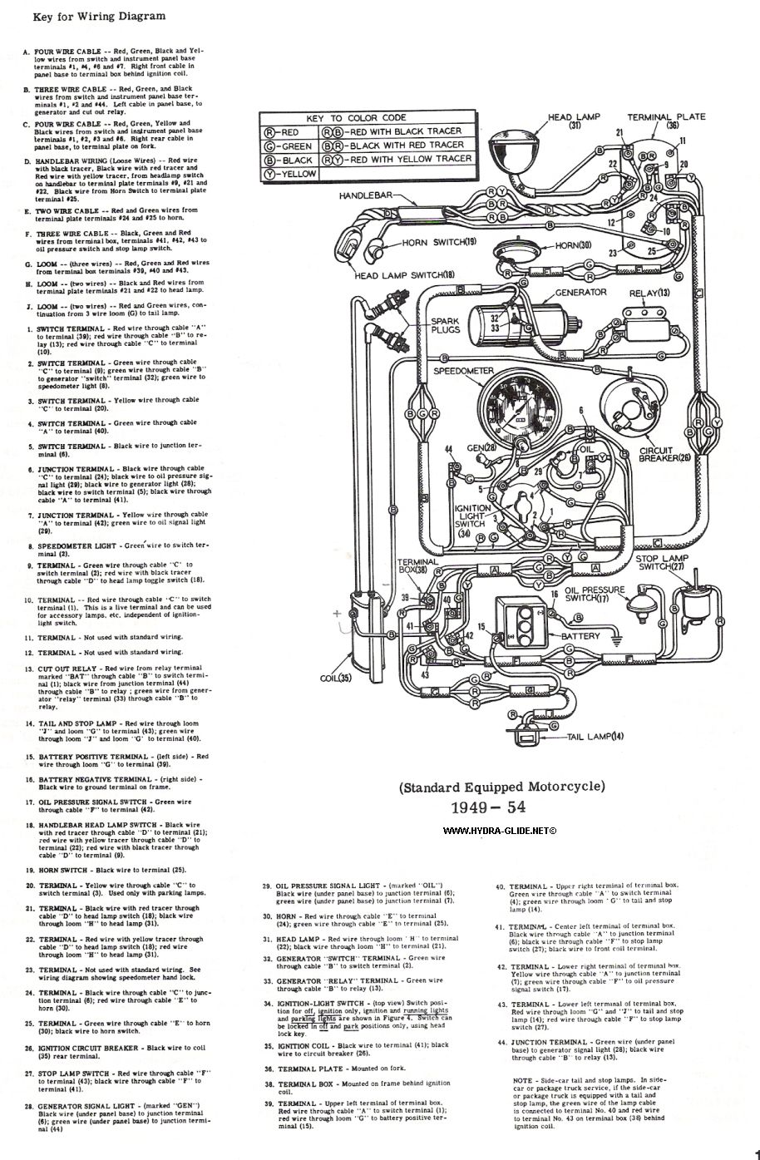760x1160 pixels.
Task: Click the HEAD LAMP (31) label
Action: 575,121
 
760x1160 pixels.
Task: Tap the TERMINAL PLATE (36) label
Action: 666,121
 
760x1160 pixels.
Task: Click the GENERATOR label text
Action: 581,293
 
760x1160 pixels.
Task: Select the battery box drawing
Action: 523,619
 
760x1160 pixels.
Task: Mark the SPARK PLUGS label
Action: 444,326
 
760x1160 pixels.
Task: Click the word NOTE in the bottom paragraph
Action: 522,1079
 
